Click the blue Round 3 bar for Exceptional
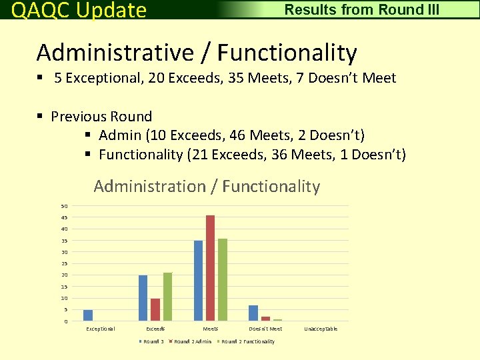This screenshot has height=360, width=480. tap(88, 315)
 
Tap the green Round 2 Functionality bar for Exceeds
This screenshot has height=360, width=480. tap(167, 297)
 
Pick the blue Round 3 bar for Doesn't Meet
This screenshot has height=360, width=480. tap(253, 313)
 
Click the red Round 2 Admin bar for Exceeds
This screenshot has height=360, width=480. tap(155, 309)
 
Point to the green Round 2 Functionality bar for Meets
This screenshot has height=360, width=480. tap(223, 280)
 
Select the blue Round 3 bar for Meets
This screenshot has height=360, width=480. tap(198, 281)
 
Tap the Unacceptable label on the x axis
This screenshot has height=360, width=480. tap(321, 329)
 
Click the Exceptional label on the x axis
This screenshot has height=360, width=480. tap(101, 329)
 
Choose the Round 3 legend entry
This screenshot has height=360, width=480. tap(153, 341)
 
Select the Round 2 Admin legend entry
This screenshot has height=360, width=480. tap(193, 341)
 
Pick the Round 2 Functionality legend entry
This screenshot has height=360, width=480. tap(247, 341)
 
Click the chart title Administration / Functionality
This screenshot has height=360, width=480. tap(207, 187)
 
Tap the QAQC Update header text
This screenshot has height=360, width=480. tap(79, 10)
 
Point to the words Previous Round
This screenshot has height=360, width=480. tap(101, 117)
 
